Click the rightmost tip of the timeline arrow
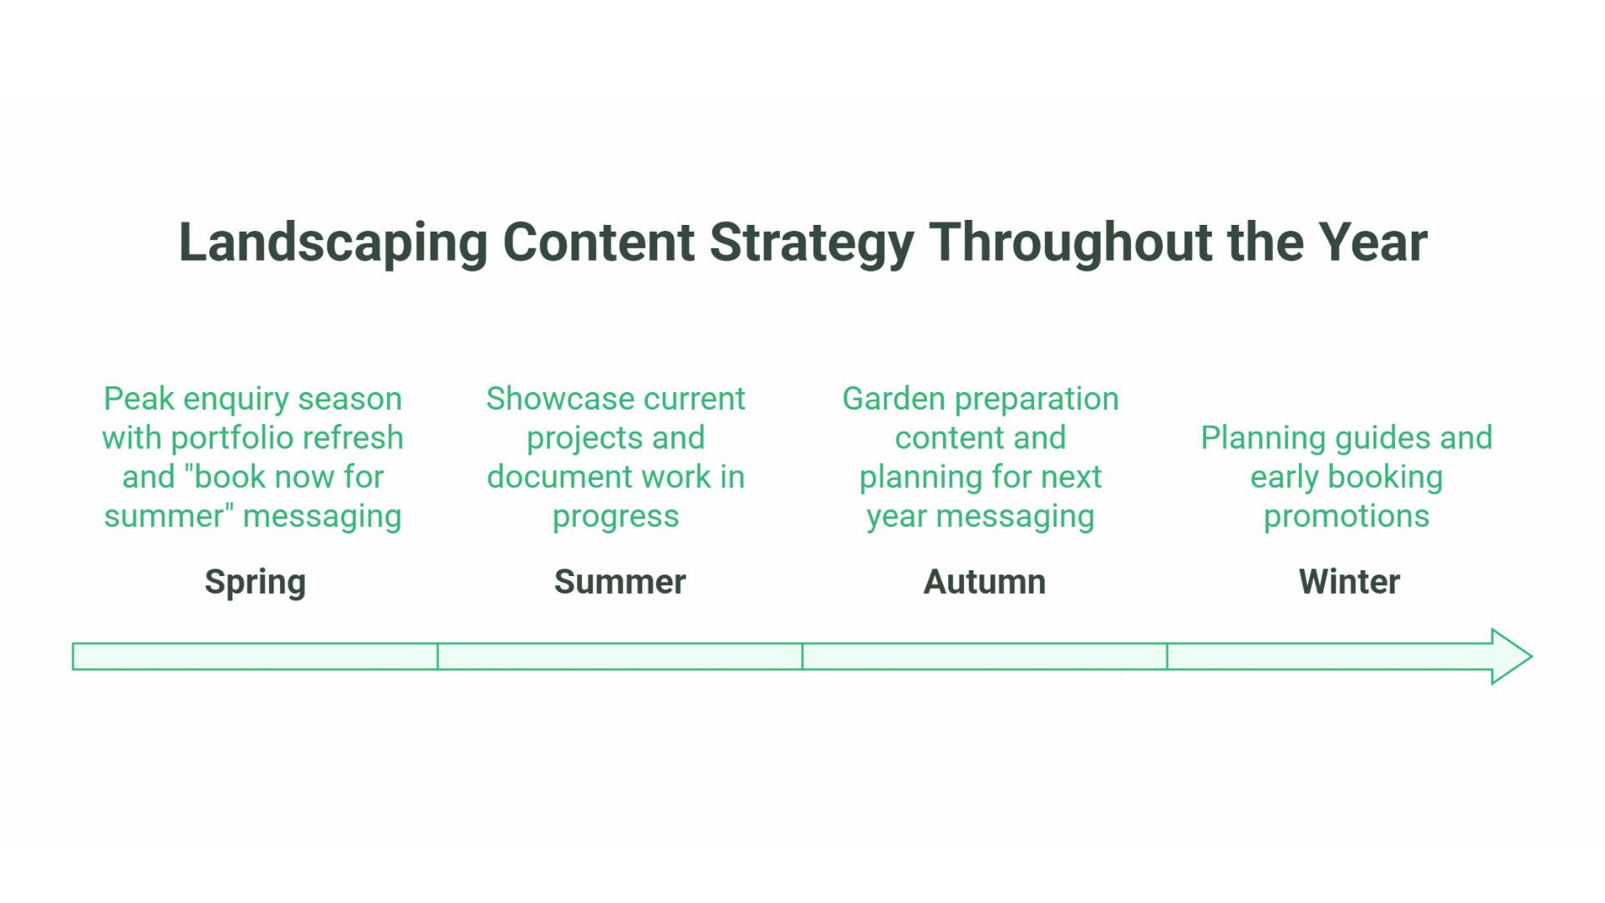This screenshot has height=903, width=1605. [1531, 656]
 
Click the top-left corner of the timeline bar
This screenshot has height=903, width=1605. [73, 643]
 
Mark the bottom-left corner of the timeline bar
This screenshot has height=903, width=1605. [73, 670]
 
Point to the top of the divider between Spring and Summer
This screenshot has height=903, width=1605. [437, 643]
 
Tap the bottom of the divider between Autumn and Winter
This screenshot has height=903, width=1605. [1167, 670]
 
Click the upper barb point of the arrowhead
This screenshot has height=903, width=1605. [1492, 630]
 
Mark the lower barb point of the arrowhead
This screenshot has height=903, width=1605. [1492, 684]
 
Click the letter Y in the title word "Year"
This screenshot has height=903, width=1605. [1335, 242]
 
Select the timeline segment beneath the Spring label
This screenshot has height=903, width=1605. [255, 656]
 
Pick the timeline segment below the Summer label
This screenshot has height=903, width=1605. [619, 656]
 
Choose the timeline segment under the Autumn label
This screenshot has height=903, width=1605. [985, 656]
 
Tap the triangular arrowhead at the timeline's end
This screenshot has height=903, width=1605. [1509, 656]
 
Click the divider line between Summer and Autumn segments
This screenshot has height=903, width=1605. [802, 656]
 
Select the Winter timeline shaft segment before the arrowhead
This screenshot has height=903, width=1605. [1329, 656]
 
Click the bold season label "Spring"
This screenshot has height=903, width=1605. [255, 583]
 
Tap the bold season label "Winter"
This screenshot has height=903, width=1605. [1349, 582]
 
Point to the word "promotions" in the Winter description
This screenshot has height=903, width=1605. [1347, 517]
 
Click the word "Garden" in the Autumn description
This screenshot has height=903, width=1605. [894, 399]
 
